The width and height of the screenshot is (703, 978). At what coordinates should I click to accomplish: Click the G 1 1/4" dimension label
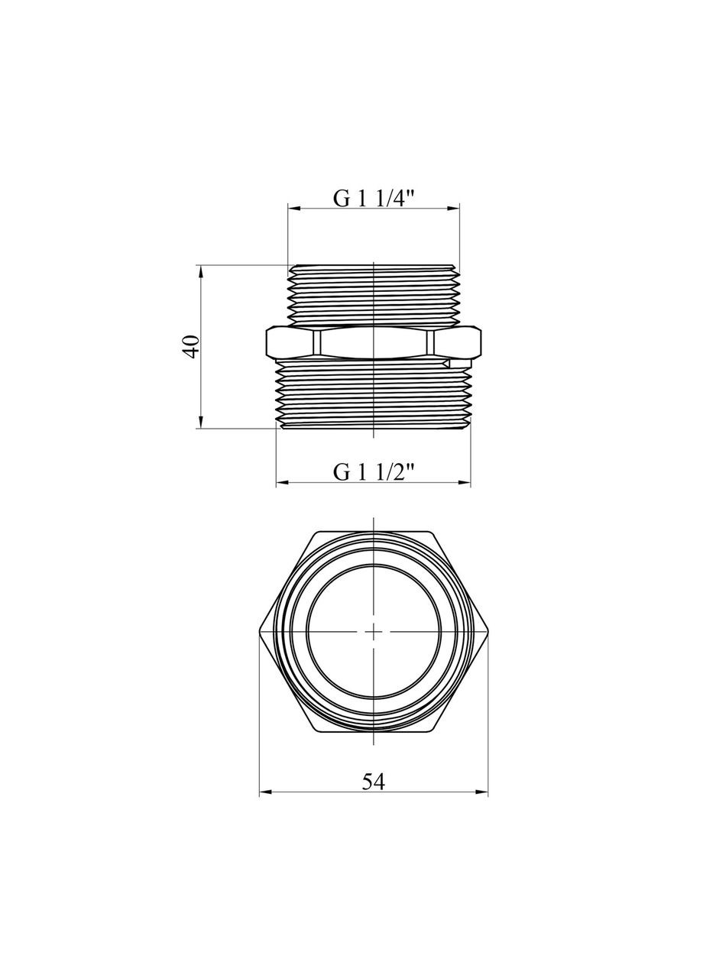coord(373,197)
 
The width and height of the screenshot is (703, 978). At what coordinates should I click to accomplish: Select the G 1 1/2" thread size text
coord(373,472)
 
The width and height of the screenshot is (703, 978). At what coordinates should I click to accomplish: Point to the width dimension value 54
coord(373,782)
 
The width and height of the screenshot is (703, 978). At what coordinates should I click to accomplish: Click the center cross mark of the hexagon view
coord(373,631)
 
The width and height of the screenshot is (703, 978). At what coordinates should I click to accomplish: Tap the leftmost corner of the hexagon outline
coord(260,631)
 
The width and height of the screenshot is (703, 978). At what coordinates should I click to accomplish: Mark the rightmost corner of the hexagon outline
coord(488,631)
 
